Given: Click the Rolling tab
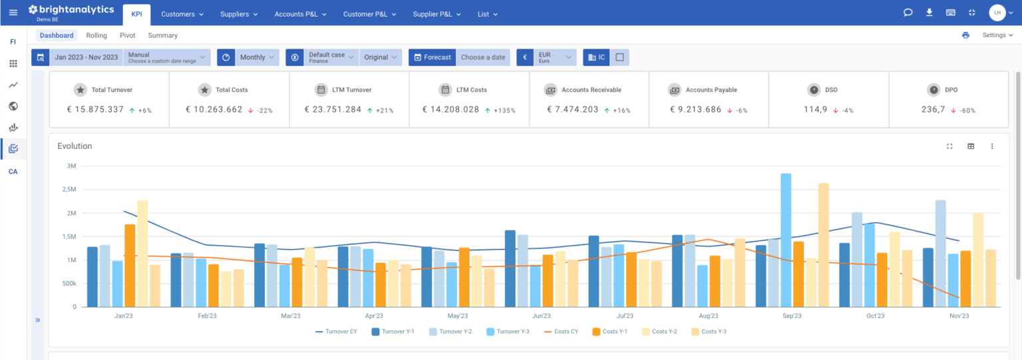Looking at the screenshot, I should (x=96, y=35).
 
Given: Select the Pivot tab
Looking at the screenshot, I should (x=127, y=35).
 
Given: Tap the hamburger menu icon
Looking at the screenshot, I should (x=13, y=13).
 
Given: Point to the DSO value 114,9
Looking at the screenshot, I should (x=815, y=109).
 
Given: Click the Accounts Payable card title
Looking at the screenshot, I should (x=711, y=90).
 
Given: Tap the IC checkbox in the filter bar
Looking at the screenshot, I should (x=619, y=57).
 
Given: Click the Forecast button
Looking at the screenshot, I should (x=432, y=57).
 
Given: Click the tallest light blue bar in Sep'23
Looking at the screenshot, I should (x=786, y=240).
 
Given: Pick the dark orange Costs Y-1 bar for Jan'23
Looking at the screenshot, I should (x=130, y=266).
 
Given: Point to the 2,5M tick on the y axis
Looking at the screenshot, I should (x=68, y=190).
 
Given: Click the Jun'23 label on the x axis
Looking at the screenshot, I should (x=542, y=316).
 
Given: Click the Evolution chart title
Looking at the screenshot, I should (x=75, y=146).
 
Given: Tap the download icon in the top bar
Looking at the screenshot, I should (x=929, y=13).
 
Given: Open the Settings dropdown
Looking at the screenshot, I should (x=997, y=35).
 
